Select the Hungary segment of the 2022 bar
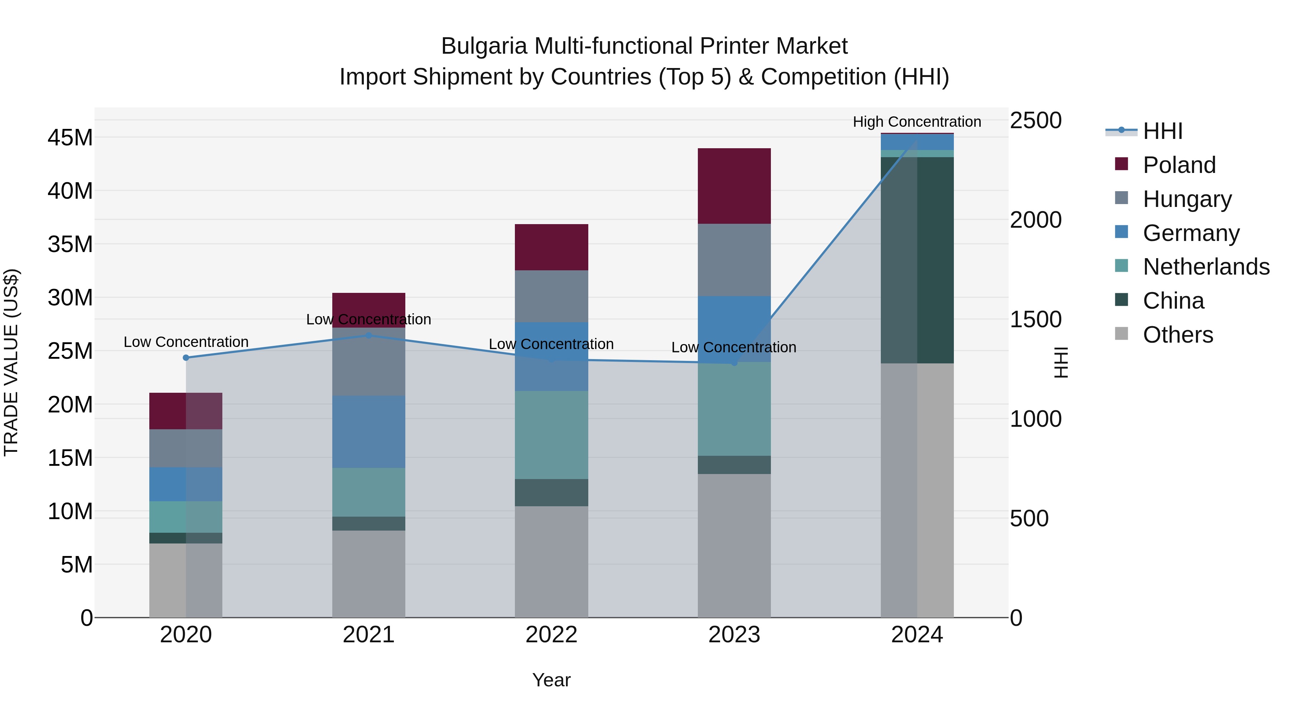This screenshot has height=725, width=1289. tap(551, 296)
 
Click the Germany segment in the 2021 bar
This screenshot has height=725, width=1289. tap(368, 431)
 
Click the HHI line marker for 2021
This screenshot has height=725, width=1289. tap(368, 335)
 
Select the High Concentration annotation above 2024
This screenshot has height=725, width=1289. tap(916, 122)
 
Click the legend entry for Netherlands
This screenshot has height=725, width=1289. tap(1206, 267)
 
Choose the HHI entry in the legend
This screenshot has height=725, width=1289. tap(1162, 131)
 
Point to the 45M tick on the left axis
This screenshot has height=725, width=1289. tap(70, 137)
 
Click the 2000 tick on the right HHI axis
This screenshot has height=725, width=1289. tap(1035, 220)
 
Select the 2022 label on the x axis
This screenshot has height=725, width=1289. tap(551, 634)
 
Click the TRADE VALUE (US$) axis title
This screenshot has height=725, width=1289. tap(11, 362)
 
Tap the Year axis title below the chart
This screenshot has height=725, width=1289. tap(551, 680)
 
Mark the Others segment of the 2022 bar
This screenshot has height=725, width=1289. tap(551, 561)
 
